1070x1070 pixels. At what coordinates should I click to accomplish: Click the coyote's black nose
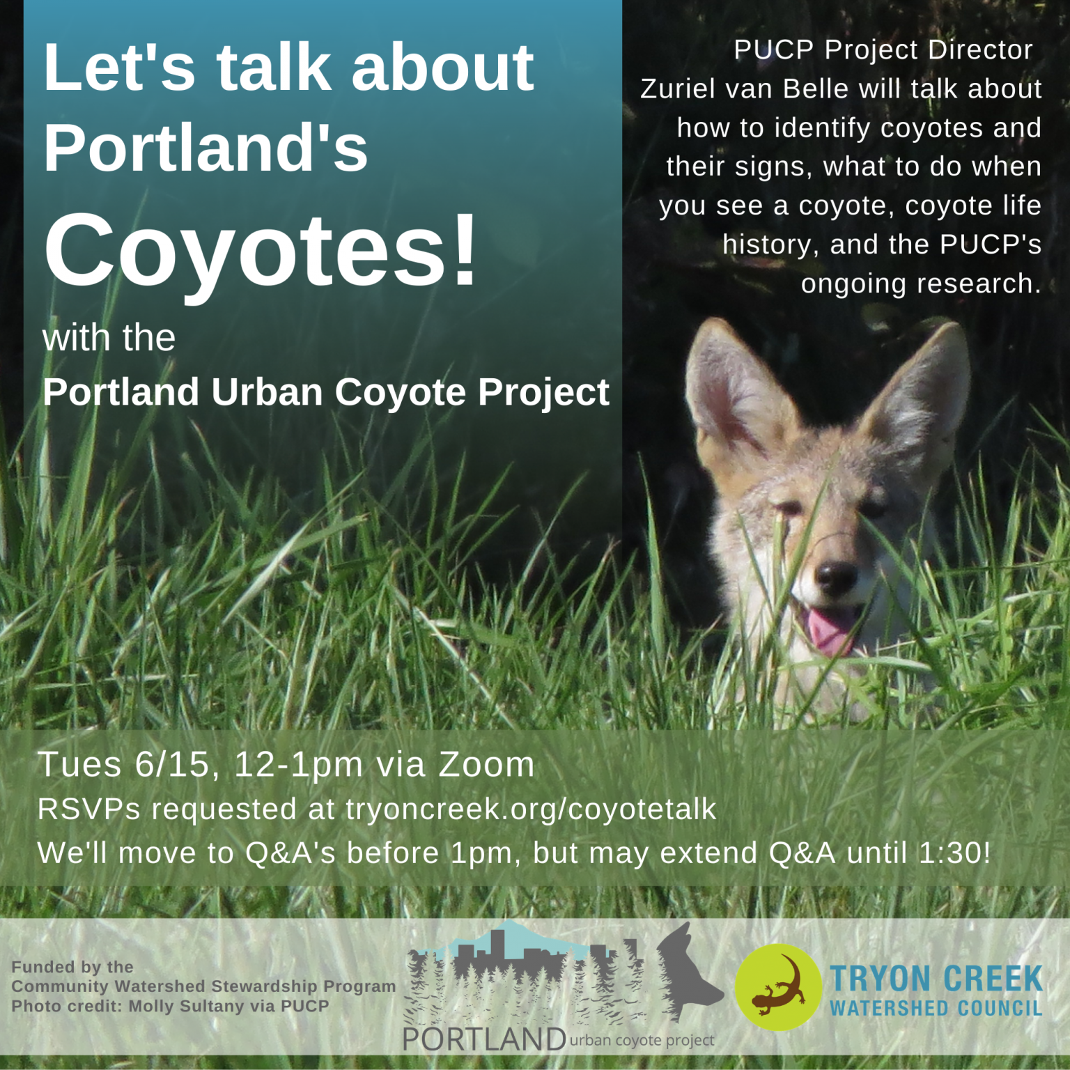835,575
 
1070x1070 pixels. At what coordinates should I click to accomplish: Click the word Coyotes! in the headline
261,249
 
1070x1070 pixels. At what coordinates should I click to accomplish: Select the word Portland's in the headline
206,147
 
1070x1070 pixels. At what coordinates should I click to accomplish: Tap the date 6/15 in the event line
172,765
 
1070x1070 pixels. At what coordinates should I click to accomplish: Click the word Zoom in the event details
486,765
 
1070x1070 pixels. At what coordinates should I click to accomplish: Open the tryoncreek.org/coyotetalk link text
531,809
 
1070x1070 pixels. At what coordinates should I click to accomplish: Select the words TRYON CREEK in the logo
936,979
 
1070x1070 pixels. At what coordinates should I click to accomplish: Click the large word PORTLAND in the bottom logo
484,1039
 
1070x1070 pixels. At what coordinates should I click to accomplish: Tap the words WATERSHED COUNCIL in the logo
936,1008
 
